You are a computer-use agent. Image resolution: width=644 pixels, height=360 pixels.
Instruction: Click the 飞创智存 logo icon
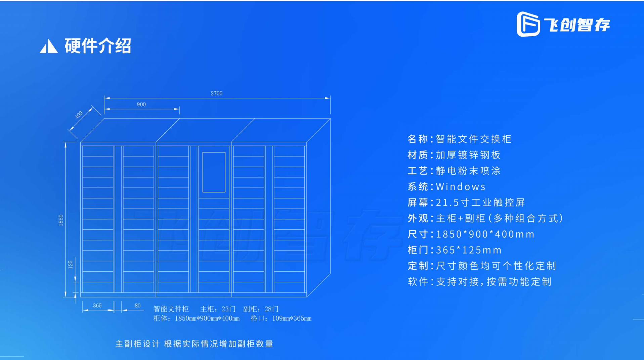click(528, 24)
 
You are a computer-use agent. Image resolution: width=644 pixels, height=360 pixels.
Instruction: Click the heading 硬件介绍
click(98, 46)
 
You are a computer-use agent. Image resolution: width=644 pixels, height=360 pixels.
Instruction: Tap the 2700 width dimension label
click(216, 93)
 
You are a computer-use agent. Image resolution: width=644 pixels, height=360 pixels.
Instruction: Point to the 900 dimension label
click(141, 104)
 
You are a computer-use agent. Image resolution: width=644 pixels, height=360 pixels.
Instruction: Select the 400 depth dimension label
click(79, 115)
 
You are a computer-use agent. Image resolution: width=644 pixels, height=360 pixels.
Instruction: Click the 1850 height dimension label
click(61, 220)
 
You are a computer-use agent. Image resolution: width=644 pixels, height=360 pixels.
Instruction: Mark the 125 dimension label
click(70, 264)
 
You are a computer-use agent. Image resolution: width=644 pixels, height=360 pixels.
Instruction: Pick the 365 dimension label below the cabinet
click(97, 306)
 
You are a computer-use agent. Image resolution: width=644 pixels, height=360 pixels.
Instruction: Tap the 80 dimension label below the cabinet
click(137, 306)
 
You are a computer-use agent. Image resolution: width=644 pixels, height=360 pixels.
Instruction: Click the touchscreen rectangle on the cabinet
click(214, 172)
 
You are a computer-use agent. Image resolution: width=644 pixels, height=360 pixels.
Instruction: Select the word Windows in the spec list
click(461, 187)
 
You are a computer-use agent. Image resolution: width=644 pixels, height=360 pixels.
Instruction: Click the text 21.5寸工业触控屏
click(480, 203)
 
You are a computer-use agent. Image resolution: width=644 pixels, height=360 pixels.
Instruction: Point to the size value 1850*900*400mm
click(485, 234)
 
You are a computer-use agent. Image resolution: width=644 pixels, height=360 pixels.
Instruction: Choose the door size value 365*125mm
click(469, 250)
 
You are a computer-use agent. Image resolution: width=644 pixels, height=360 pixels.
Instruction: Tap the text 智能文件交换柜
click(473, 139)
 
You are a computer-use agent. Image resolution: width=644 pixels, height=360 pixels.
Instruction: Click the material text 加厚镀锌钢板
click(468, 155)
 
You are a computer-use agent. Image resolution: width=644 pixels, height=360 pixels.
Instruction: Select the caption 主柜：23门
click(218, 309)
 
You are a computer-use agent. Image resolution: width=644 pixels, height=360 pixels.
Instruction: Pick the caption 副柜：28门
click(261, 309)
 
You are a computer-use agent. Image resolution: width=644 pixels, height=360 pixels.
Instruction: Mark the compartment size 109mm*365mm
click(292, 318)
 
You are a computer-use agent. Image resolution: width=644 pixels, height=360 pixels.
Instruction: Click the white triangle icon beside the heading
click(49, 46)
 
